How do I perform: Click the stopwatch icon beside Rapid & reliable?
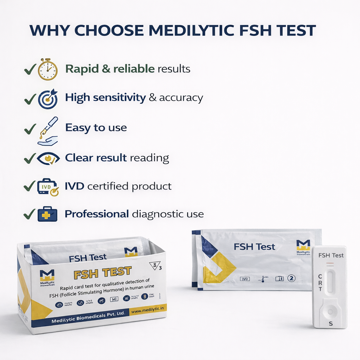pyautogui.click(x=47, y=69)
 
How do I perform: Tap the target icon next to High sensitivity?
pyautogui.click(x=47, y=99)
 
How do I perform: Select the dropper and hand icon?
pyautogui.click(x=48, y=131)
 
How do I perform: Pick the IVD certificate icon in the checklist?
pyautogui.click(x=48, y=187)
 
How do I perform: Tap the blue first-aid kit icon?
pyautogui.click(x=47, y=214)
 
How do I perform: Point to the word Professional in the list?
pyautogui.click(x=97, y=214)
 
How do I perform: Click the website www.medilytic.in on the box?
pyautogui.click(x=148, y=310)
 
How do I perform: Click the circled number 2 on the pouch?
pyautogui.click(x=291, y=278)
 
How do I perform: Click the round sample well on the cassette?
pyautogui.click(x=330, y=311)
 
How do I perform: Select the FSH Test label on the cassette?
pyautogui.click(x=331, y=255)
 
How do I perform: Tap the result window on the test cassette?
pyautogui.click(x=330, y=282)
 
